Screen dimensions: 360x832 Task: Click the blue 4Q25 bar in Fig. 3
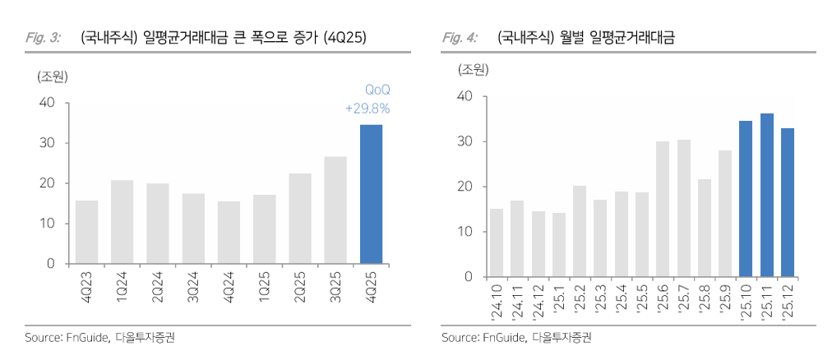click(x=371, y=194)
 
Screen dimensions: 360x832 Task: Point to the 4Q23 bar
click(x=86, y=232)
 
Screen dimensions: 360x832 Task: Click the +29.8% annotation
click(x=367, y=108)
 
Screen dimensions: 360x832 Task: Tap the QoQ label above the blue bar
click(x=377, y=90)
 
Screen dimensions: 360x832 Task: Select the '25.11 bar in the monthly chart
click(x=767, y=195)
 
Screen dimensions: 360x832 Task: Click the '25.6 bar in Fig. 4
click(x=663, y=209)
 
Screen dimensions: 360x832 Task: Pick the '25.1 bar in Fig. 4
click(x=559, y=244)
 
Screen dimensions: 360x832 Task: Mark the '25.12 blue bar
click(x=788, y=202)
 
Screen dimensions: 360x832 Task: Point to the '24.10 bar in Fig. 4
click(x=497, y=242)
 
